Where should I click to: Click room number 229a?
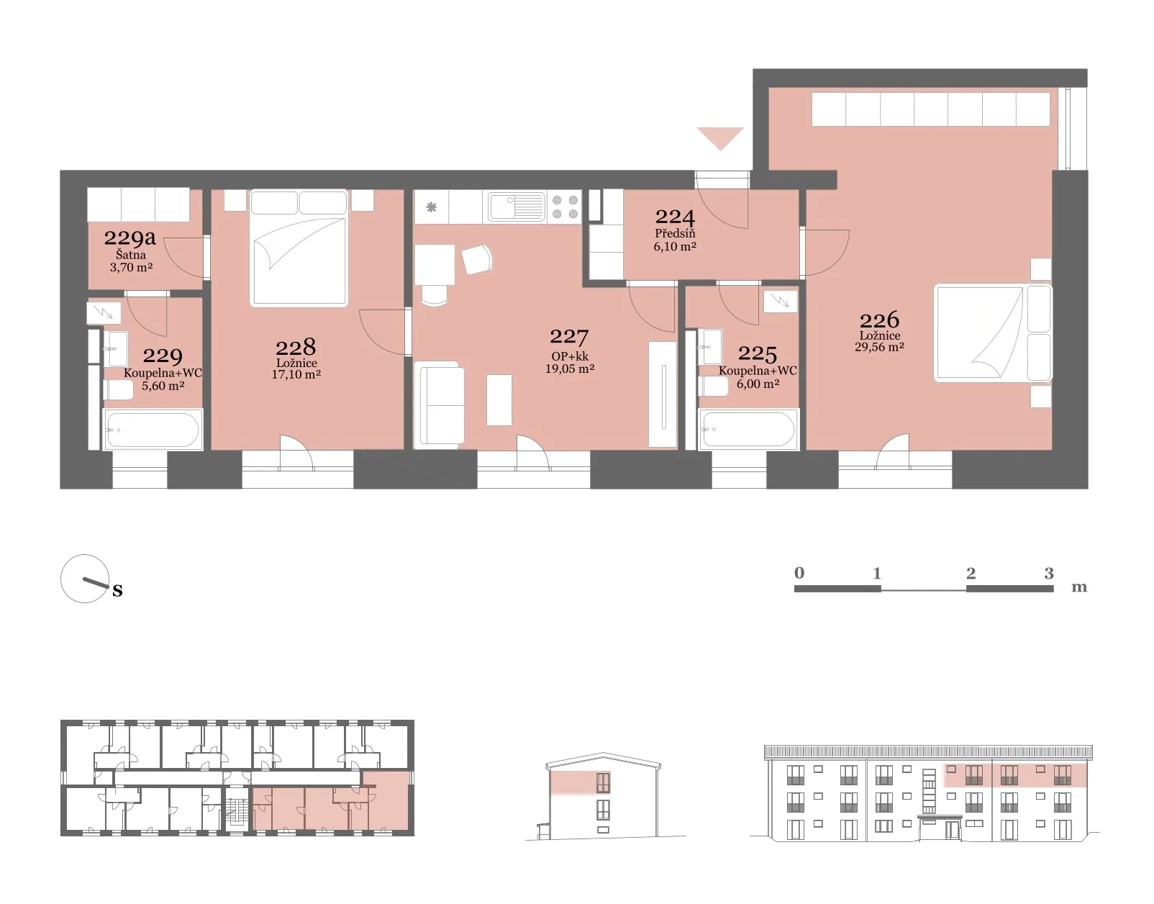point(130,238)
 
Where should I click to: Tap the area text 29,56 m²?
point(879,347)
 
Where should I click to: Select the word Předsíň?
point(675,233)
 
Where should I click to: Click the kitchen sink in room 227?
point(517,207)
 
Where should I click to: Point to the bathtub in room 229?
point(153,430)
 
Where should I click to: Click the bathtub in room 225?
point(748,430)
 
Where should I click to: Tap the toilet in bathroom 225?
point(713,386)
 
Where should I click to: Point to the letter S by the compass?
point(117,590)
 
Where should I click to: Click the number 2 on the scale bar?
point(971,573)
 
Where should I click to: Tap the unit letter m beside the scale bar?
point(1079,587)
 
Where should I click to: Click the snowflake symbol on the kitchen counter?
point(431,207)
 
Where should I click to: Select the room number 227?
point(569,337)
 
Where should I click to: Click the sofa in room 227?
point(439,403)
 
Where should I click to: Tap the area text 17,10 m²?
point(296,374)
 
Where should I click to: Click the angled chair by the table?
point(477,259)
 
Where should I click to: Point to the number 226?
point(879,320)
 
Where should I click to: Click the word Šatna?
point(131,254)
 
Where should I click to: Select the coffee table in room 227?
point(499,400)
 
